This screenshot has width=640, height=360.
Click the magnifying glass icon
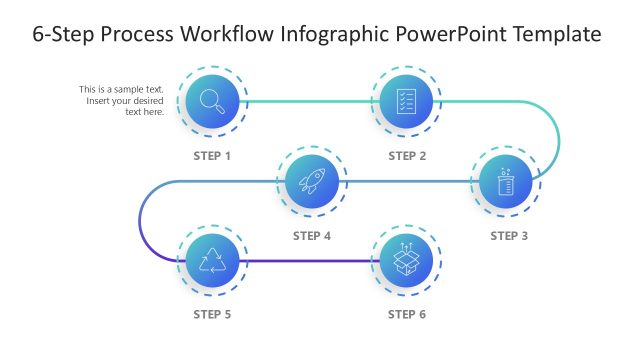tap(211, 100)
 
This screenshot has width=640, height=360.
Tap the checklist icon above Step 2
tap(406, 100)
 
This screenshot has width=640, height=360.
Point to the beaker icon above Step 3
tap(505, 182)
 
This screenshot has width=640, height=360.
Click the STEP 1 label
tap(212, 156)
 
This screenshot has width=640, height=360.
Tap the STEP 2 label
tap(407, 156)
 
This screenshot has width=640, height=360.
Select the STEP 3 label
tap(509, 236)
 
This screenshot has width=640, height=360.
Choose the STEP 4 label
tap(312, 236)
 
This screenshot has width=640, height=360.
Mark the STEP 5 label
tap(212, 315)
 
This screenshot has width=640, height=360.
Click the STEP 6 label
tap(407, 315)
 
